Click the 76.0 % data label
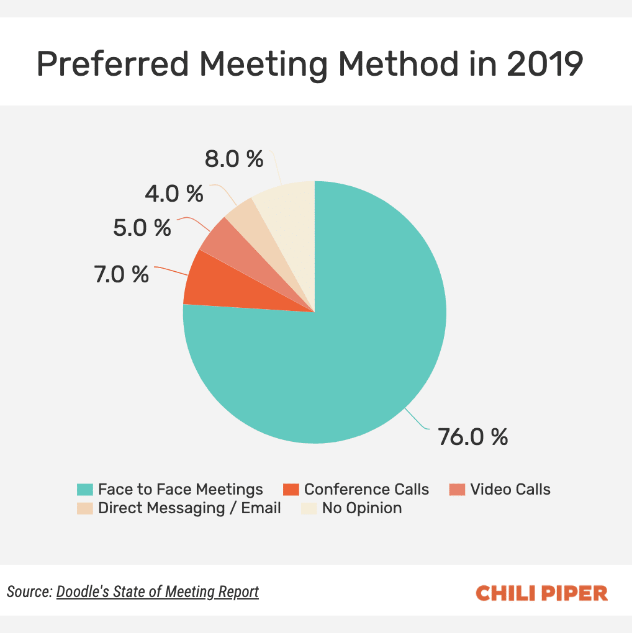click(x=473, y=437)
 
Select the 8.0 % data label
click(x=234, y=159)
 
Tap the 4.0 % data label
click(x=174, y=194)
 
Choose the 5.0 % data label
click(x=142, y=228)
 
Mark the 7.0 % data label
click(x=122, y=274)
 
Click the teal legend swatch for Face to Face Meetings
click(x=85, y=490)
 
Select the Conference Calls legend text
click(x=366, y=490)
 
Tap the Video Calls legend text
click(x=510, y=490)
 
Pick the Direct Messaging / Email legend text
click(x=189, y=508)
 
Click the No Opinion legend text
click(x=361, y=508)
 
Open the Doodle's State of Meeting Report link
click(x=158, y=592)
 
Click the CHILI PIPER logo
click(x=541, y=593)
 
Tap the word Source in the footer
click(x=29, y=592)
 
